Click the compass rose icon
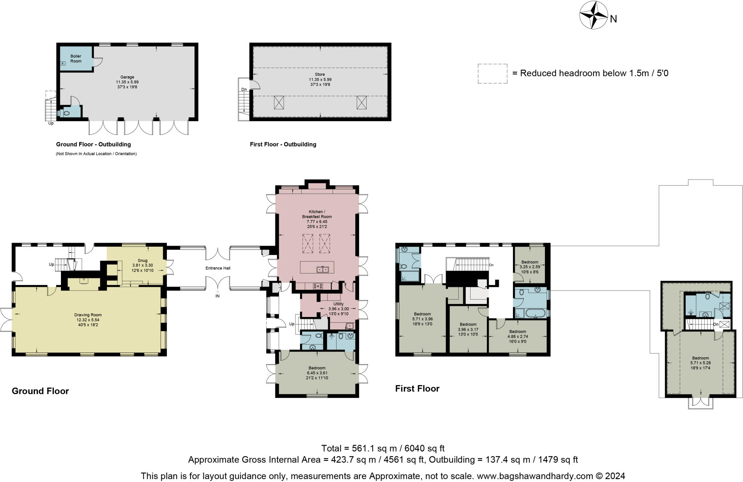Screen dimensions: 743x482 click(x=593, y=15)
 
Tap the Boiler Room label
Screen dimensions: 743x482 click(x=76, y=59)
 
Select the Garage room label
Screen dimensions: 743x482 click(x=127, y=82)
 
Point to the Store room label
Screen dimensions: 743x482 click(x=320, y=79)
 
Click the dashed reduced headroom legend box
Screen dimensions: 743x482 click(x=492, y=74)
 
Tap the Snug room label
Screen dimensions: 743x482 click(x=143, y=265)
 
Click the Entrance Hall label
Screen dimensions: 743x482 click(x=218, y=268)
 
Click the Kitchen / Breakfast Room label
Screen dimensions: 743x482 click(x=317, y=219)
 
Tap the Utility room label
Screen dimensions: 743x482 click(x=338, y=309)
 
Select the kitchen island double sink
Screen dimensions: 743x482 click(x=323, y=269)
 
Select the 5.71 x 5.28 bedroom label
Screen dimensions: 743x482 click(x=700, y=363)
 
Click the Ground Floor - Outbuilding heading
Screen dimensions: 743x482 click(x=93, y=144)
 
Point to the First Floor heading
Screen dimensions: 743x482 click(x=417, y=389)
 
